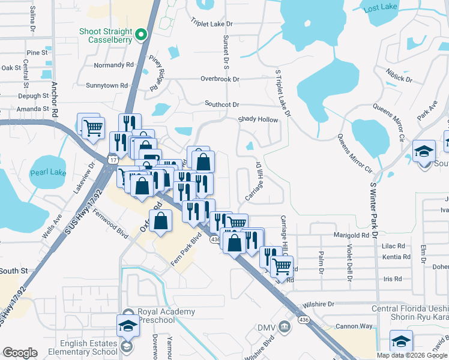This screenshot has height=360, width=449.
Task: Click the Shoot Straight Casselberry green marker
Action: click(142, 35)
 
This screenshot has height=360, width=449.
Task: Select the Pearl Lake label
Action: click(50, 172)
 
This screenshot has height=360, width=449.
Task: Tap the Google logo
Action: click(20, 353)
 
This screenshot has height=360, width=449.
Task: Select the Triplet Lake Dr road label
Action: click(211, 23)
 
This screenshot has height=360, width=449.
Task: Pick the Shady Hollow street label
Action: click(258, 119)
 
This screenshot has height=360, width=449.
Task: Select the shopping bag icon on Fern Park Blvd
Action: click(161, 221)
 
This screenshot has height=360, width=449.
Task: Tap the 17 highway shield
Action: click(113, 158)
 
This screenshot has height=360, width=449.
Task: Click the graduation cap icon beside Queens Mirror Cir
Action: click(424, 151)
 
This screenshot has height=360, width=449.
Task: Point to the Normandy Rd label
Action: click(113, 65)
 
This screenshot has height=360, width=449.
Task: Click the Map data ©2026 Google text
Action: click(412, 355)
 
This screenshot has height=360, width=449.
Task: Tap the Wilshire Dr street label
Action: click(318, 304)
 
